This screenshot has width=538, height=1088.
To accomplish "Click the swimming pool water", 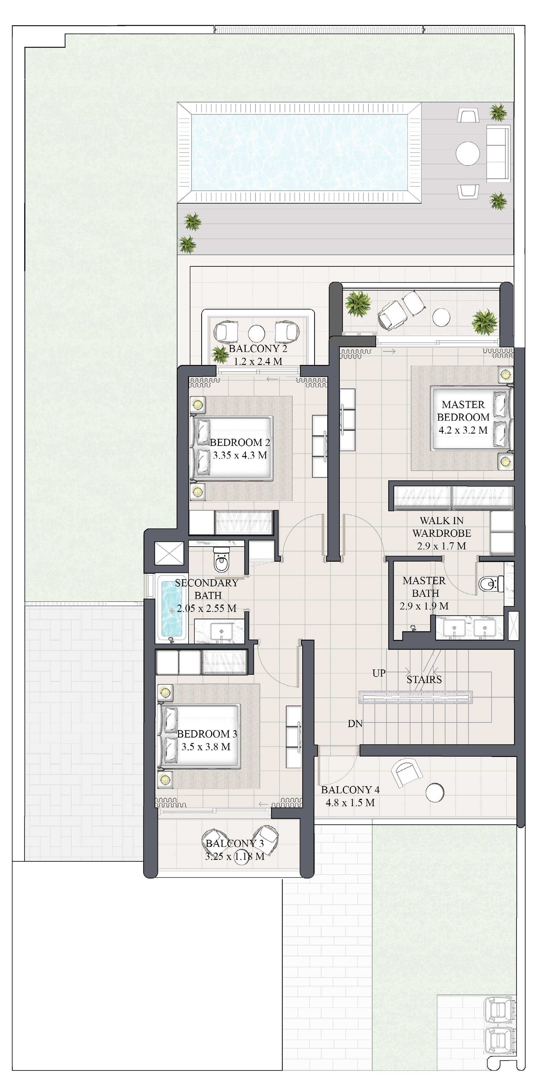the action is click(299, 153).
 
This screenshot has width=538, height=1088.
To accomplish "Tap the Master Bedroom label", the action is click(463, 411).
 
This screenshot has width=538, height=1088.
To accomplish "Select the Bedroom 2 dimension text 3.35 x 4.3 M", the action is click(240, 455).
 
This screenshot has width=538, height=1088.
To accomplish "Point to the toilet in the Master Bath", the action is click(491, 584).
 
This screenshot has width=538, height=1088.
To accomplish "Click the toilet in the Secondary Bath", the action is click(222, 560).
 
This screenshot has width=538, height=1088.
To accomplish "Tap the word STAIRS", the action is click(424, 680).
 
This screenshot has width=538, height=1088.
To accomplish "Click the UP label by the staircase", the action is click(379, 673).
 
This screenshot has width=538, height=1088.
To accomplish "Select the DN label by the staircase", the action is click(355, 723).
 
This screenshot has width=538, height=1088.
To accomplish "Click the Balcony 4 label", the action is click(350, 790).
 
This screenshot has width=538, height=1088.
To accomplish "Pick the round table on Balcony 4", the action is click(435, 792).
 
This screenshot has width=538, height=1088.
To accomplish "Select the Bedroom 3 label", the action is click(207, 734).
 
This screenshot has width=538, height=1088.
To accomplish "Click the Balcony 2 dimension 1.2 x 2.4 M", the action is click(258, 362).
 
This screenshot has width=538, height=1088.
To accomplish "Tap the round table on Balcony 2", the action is click(257, 334).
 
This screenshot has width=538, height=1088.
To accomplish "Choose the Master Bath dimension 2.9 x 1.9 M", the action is click(424, 606).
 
